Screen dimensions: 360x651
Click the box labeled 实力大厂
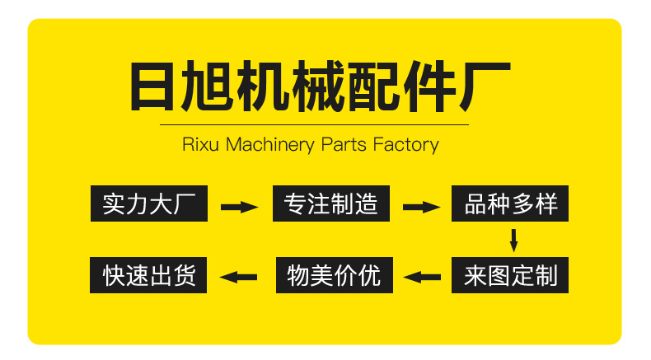pos(148,203)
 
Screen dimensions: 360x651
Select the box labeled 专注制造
pos(330,203)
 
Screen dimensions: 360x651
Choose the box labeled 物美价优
pos(335,275)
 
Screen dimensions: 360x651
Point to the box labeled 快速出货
pos(148,275)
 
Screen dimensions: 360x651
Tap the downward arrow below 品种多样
pos(513,240)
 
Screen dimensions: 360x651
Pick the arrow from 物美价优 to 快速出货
pos(241,277)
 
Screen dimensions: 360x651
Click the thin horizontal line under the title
pos(313,124)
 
